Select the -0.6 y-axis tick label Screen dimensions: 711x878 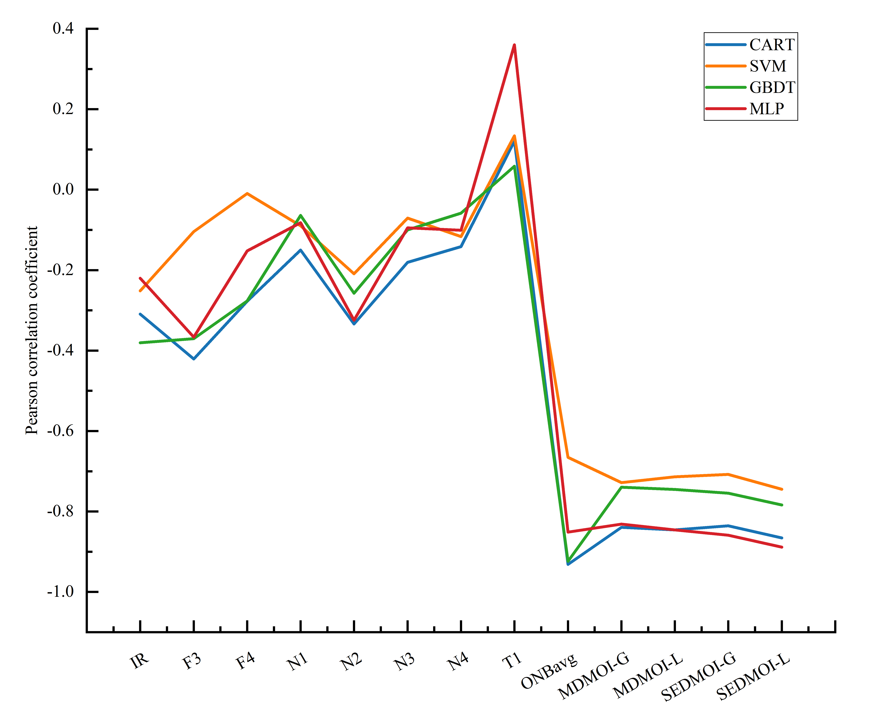pyautogui.click(x=61, y=431)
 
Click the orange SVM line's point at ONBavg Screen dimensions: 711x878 pyautogui.click(x=568, y=457)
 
